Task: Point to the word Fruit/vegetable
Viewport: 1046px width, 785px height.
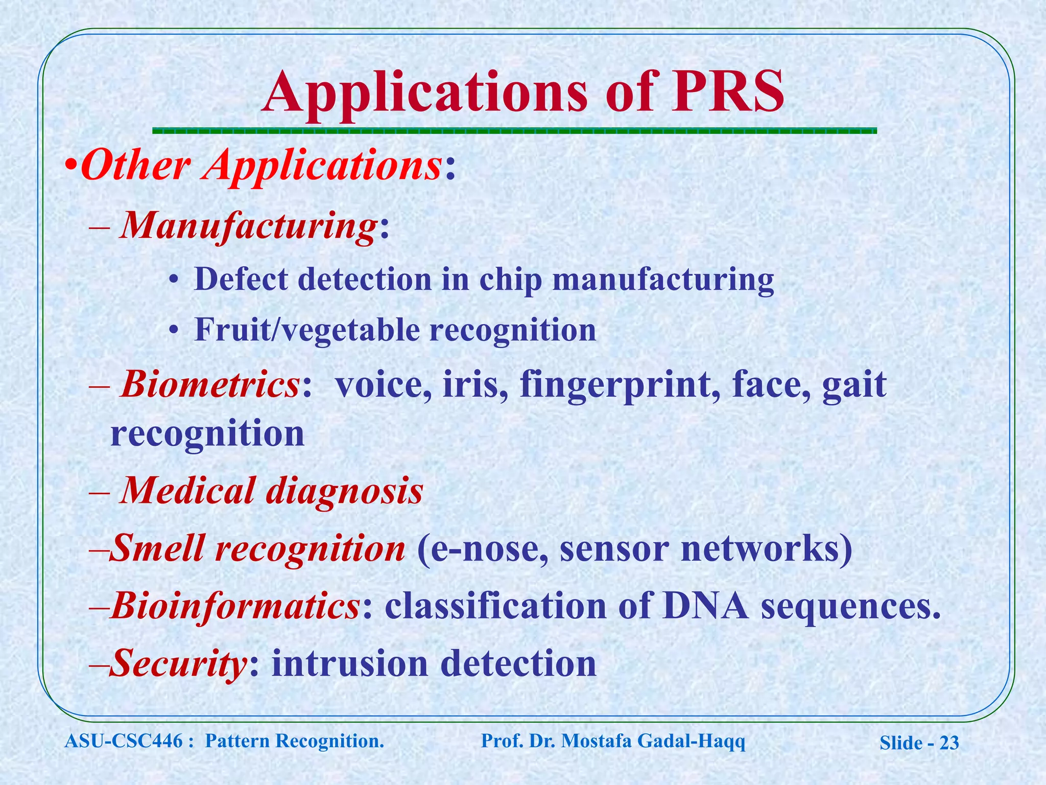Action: pyautogui.click(x=306, y=330)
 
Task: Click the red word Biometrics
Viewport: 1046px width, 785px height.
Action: pyautogui.click(x=210, y=384)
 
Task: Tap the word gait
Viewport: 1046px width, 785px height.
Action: pyautogui.click(x=854, y=385)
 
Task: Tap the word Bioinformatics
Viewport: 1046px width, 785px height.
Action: pyautogui.click(x=235, y=606)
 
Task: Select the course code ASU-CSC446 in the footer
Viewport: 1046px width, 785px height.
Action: pyautogui.click(x=123, y=741)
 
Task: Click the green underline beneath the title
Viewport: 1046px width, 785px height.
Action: pyautogui.click(x=514, y=131)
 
